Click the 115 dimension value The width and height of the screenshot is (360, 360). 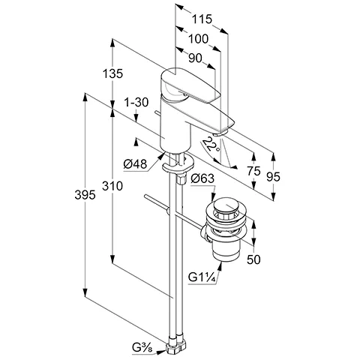coord(202,19)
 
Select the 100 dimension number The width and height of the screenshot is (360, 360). coord(198,39)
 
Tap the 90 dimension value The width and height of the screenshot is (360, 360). coord(195,58)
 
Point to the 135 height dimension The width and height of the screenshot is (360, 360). coord(112,73)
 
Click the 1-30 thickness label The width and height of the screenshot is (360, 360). coord(136,102)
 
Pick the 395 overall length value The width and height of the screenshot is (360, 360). coord(85,195)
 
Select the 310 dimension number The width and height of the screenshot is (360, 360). coord(112,186)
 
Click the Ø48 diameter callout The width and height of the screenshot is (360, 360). coord(135,164)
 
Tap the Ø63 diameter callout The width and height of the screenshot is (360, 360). coord(202,178)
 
